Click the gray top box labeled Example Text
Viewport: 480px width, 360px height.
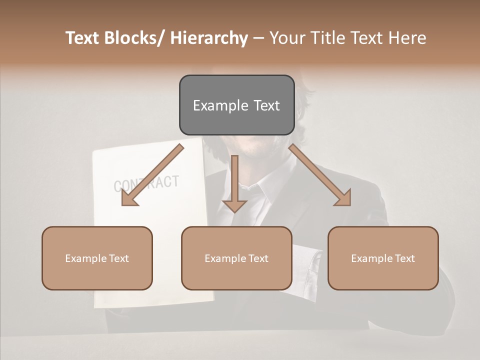pyautogui.click(x=236, y=105)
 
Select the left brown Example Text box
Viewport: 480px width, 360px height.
pyautogui.click(x=97, y=258)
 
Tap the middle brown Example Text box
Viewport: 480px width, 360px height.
pyautogui.click(x=236, y=258)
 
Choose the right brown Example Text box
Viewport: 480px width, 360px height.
pyautogui.click(x=383, y=258)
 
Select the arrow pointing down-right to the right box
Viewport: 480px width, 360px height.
pyautogui.click(x=320, y=175)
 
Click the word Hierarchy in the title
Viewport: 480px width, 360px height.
pyautogui.click(x=209, y=38)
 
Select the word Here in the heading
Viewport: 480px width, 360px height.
pyautogui.click(x=408, y=38)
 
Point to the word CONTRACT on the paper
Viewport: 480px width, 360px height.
pyautogui.click(x=146, y=183)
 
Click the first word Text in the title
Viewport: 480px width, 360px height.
pyautogui.click(x=83, y=38)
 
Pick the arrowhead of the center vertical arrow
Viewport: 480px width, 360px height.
pyautogui.click(x=234, y=205)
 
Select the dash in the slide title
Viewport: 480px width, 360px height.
pyautogui.click(x=258, y=38)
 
